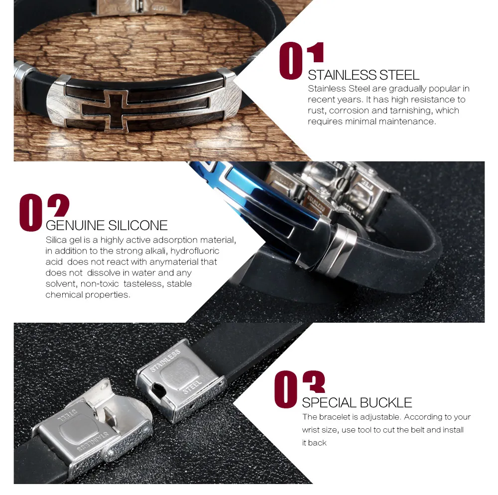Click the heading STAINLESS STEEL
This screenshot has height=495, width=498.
[x=364, y=75]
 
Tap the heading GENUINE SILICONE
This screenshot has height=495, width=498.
[x=107, y=226]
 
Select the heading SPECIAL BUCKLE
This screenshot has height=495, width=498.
[x=357, y=402]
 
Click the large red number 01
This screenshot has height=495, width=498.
[x=301, y=61]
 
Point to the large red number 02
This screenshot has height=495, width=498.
[x=44, y=213]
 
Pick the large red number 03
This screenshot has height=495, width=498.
[x=299, y=389]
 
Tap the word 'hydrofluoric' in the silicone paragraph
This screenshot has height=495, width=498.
[x=195, y=251]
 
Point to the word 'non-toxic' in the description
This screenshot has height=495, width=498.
[x=100, y=284]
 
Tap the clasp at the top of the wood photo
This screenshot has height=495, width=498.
[x=140, y=7]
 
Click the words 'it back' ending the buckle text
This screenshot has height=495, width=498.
[x=314, y=443]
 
